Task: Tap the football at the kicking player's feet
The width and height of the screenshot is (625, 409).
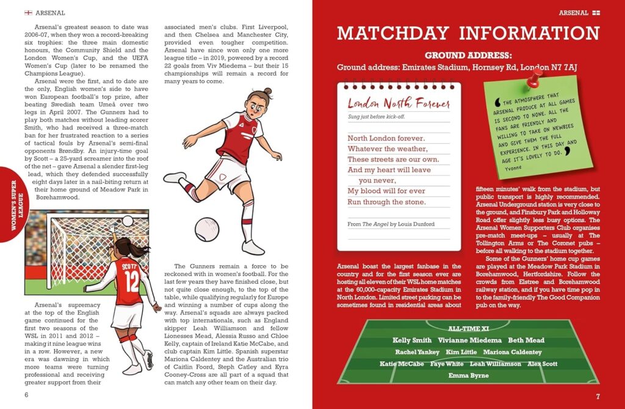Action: (206, 229)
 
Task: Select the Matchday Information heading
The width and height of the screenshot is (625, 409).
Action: (468, 33)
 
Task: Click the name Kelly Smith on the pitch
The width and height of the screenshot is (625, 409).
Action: (412, 341)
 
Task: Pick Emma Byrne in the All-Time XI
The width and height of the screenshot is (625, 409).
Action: (468, 375)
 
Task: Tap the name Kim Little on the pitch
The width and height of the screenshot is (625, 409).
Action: (461, 352)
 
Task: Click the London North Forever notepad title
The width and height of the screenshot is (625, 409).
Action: (399, 103)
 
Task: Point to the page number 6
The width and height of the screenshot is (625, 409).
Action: (26, 394)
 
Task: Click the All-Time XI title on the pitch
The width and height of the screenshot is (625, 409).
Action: (468, 328)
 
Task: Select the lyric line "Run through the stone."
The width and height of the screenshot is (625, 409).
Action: (386, 202)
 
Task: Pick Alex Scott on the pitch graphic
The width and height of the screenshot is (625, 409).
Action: (543, 364)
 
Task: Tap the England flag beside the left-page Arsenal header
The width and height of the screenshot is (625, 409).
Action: (28, 12)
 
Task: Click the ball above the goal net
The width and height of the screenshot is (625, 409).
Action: (128, 221)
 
